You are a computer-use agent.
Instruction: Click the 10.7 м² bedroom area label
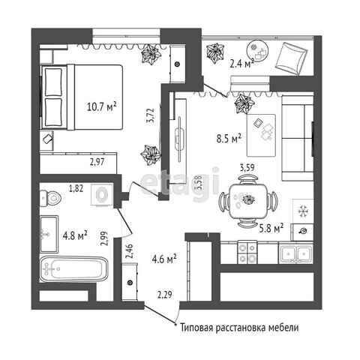(x=101, y=106)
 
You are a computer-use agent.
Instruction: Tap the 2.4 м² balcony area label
(x=241, y=63)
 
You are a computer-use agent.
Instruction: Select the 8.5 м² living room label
(x=229, y=138)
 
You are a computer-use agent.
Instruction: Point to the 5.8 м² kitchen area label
(x=271, y=228)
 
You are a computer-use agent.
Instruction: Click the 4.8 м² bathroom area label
(x=75, y=235)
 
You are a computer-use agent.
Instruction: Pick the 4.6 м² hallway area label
(x=164, y=259)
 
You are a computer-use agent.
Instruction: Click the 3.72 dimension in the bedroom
(x=151, y=115)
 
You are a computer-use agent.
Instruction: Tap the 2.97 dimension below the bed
(x=97, y=162)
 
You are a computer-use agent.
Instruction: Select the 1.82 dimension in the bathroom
(x=76, y=188)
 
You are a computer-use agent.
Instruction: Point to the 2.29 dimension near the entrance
(x=165, y=295)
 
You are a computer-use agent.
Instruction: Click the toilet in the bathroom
(x=50, y=198)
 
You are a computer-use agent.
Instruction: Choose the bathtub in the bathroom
(x=74, y=269)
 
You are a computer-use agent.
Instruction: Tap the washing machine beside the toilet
(x=102, y=195)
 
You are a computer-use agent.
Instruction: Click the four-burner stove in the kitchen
(x=247, y=252)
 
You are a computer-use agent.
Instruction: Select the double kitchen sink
(x=295, y=253)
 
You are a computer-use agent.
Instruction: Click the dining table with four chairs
(x=248, y=201)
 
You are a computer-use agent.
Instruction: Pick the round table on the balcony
(x=257, y=52)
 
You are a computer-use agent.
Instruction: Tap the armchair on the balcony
(x=292, y=58)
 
